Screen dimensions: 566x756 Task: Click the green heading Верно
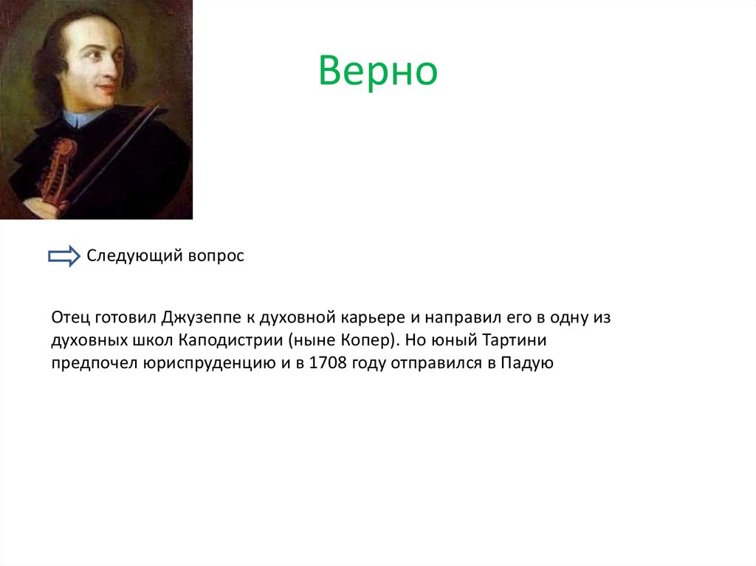(x=378, y=71)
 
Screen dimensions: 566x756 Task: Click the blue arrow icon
(x=63, y=256)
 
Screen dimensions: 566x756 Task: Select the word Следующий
(x=128, y=256)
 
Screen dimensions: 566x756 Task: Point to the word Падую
(x=526, y=362)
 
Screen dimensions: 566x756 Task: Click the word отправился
(x=433, y=362)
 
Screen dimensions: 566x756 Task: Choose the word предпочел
(x=88, y=362)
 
